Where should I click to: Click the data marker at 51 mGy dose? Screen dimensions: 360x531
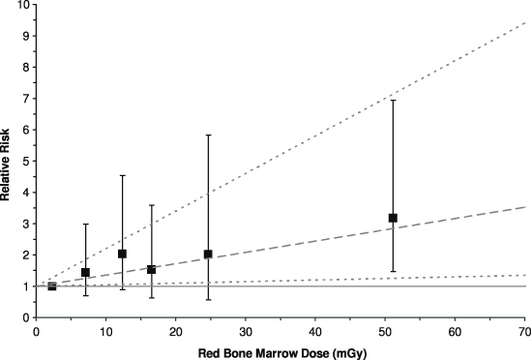[x=393, y=218]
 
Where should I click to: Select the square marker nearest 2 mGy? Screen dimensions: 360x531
[x=52, y=285]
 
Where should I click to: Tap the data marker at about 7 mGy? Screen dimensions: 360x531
[x=85, y=272]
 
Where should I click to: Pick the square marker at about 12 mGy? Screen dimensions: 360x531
[x=122, y=254]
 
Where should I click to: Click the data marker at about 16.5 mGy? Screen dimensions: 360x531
[x=151, y=269]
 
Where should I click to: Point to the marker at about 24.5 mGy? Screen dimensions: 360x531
[x=208, y=255]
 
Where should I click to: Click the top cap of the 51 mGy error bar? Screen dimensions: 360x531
[x=393, y=100]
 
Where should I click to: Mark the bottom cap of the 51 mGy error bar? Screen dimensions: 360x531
[x=393, y=271]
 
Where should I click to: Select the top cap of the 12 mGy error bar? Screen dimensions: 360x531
[x=122, y=175]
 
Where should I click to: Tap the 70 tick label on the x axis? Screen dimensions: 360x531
[x=524, y=330]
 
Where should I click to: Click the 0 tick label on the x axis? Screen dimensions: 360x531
[x=37, y=330]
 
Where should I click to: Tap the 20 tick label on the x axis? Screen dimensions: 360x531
[x=176, y=330]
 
